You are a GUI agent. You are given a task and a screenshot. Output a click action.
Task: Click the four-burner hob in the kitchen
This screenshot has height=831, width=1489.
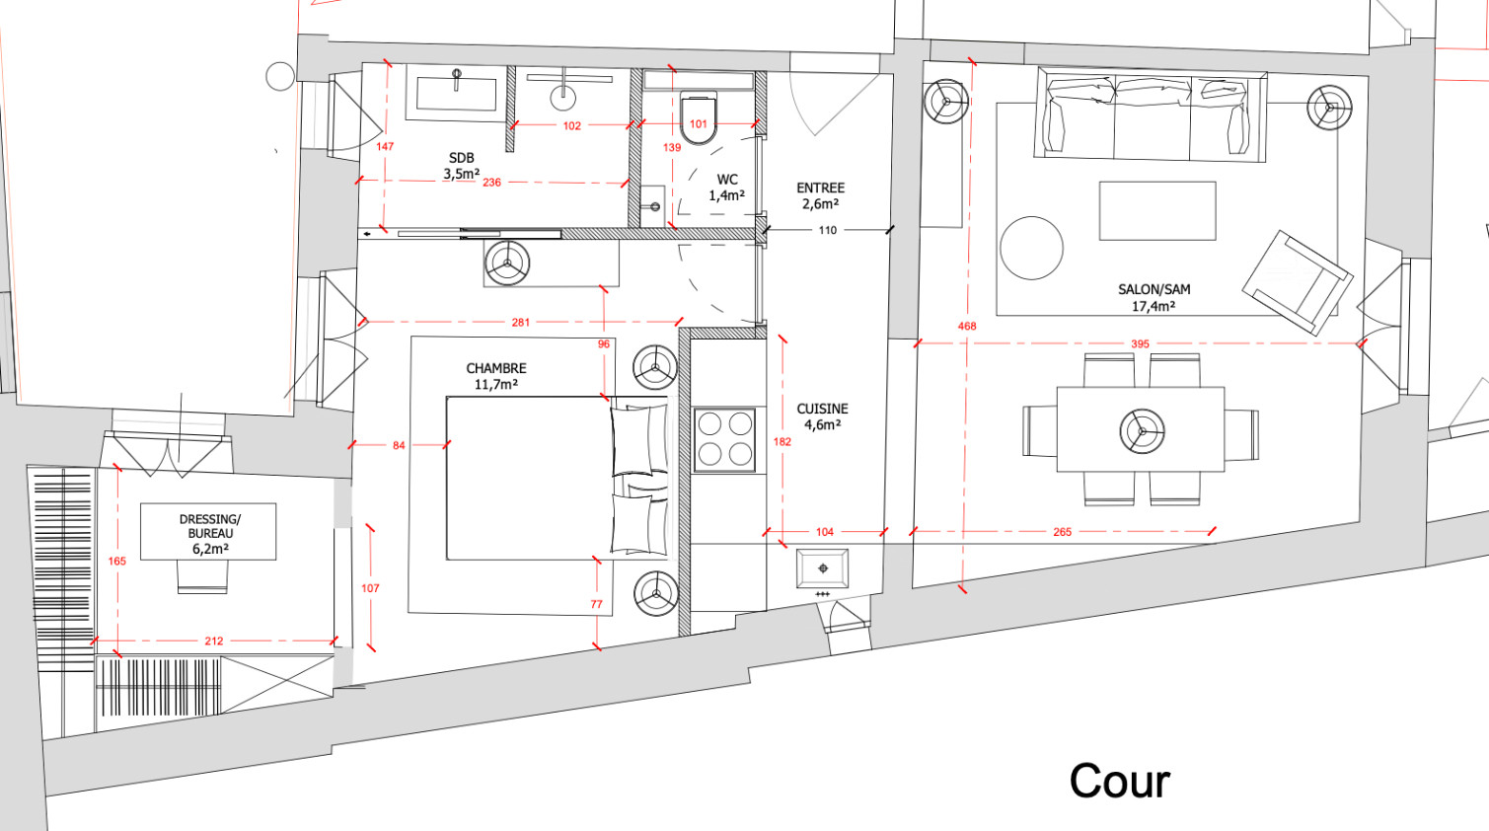[724, 440]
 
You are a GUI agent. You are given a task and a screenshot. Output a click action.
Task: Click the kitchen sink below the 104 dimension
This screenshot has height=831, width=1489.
[823, 569]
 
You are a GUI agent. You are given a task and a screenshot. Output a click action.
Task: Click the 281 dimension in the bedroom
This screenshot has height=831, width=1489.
[520, 323]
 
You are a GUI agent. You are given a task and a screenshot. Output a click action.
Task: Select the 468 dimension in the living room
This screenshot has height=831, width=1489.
[967, 326]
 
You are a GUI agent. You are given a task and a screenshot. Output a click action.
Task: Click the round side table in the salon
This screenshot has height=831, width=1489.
[1032, 248]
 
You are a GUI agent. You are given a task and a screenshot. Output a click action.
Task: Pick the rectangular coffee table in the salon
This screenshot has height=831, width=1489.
[1157, 211]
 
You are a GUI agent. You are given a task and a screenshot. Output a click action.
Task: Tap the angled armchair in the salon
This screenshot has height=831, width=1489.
[1297, 283]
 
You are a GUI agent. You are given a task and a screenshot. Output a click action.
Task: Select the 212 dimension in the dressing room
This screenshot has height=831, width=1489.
[213, 641]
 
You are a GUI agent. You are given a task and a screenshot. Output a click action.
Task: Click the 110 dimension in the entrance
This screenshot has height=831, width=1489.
[828, 230]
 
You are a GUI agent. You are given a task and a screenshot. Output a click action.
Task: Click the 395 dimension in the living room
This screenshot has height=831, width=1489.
[1140, 343]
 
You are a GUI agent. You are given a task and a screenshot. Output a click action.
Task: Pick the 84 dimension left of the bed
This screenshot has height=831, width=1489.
[399, 445]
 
